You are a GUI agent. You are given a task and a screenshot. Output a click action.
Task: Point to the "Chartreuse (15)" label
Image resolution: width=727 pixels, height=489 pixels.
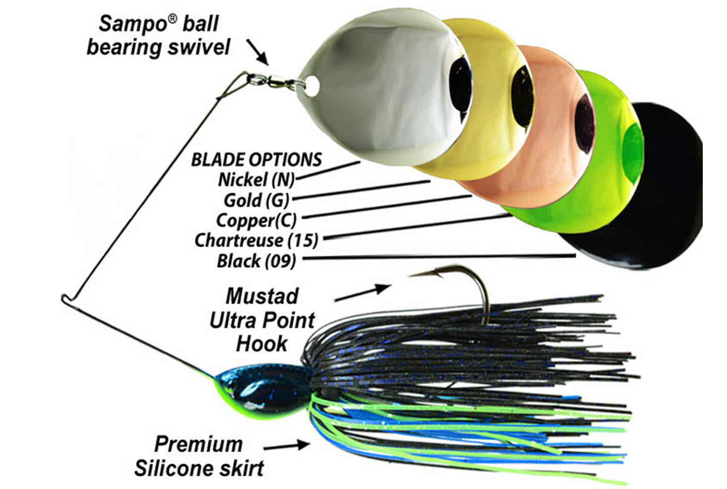[x=256, y=240]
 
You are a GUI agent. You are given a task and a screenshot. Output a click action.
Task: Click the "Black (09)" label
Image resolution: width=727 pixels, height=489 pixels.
[x=256, y=261]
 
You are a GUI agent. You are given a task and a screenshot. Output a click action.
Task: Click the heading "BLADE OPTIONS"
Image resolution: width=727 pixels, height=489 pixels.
[x=256, y=160]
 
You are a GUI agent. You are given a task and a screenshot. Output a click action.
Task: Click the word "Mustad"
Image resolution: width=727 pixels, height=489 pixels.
[x=262, y=296]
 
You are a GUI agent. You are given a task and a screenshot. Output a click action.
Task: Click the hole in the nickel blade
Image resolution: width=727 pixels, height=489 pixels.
[x=311, y=85]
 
